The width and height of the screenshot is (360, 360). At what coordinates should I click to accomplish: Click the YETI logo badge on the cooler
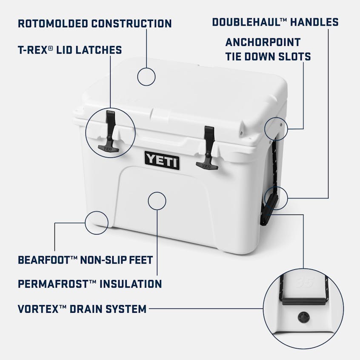[x=162, y=160]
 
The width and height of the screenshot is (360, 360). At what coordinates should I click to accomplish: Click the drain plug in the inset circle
[x=303, y=317]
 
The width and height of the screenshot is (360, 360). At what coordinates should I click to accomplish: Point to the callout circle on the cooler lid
[x=146, y=77]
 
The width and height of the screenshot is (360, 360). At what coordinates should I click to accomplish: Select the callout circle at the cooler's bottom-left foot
[x=97, y=222]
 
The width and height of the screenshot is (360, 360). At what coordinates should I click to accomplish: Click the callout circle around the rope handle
[x=276, y=198]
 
